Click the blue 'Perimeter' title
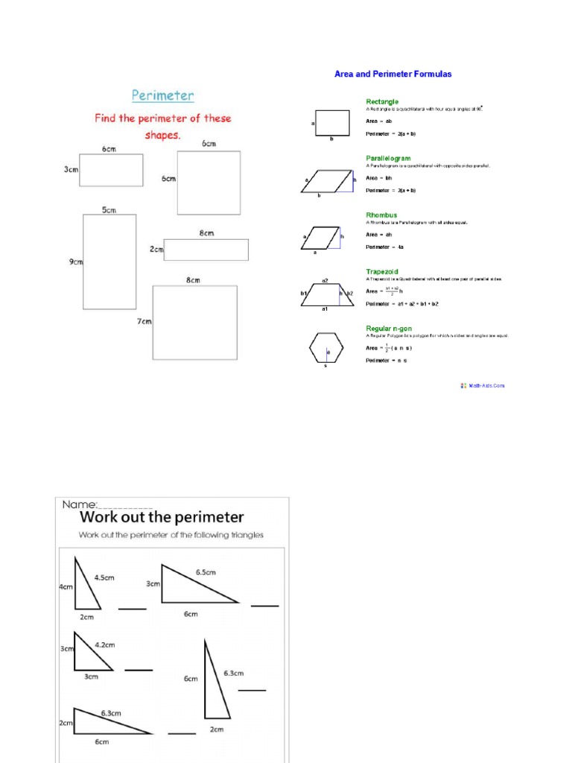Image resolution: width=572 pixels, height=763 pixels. (x=162, y=95)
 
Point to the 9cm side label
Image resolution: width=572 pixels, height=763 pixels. (x=76, y=262)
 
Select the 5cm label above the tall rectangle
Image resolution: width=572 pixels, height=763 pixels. (x=109, y=210)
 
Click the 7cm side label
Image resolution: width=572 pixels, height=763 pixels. (x=144, y=321)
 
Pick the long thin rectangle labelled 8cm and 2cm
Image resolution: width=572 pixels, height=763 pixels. (x=206, y=250)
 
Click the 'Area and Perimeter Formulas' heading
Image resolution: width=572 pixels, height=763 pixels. (x=393, y=75)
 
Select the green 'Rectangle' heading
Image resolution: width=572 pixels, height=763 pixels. (x=381, y=101)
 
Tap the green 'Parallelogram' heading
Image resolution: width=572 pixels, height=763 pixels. (x=388, y=159)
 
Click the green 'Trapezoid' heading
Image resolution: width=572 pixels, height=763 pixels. (x=384, y=272)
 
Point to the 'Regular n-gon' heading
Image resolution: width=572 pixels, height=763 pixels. (x=388, y=329)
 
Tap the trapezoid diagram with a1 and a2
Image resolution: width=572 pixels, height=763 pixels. (x=325, y=294)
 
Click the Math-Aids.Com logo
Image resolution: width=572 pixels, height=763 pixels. (x=483, y=385)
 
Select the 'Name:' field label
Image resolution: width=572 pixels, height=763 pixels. (x=78, y=504)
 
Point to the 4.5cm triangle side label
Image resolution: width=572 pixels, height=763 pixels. (x=104, y=577)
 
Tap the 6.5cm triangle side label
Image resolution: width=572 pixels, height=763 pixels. (x=206, y=572)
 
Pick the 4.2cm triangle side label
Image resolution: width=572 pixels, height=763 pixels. (x=104, y=645)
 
